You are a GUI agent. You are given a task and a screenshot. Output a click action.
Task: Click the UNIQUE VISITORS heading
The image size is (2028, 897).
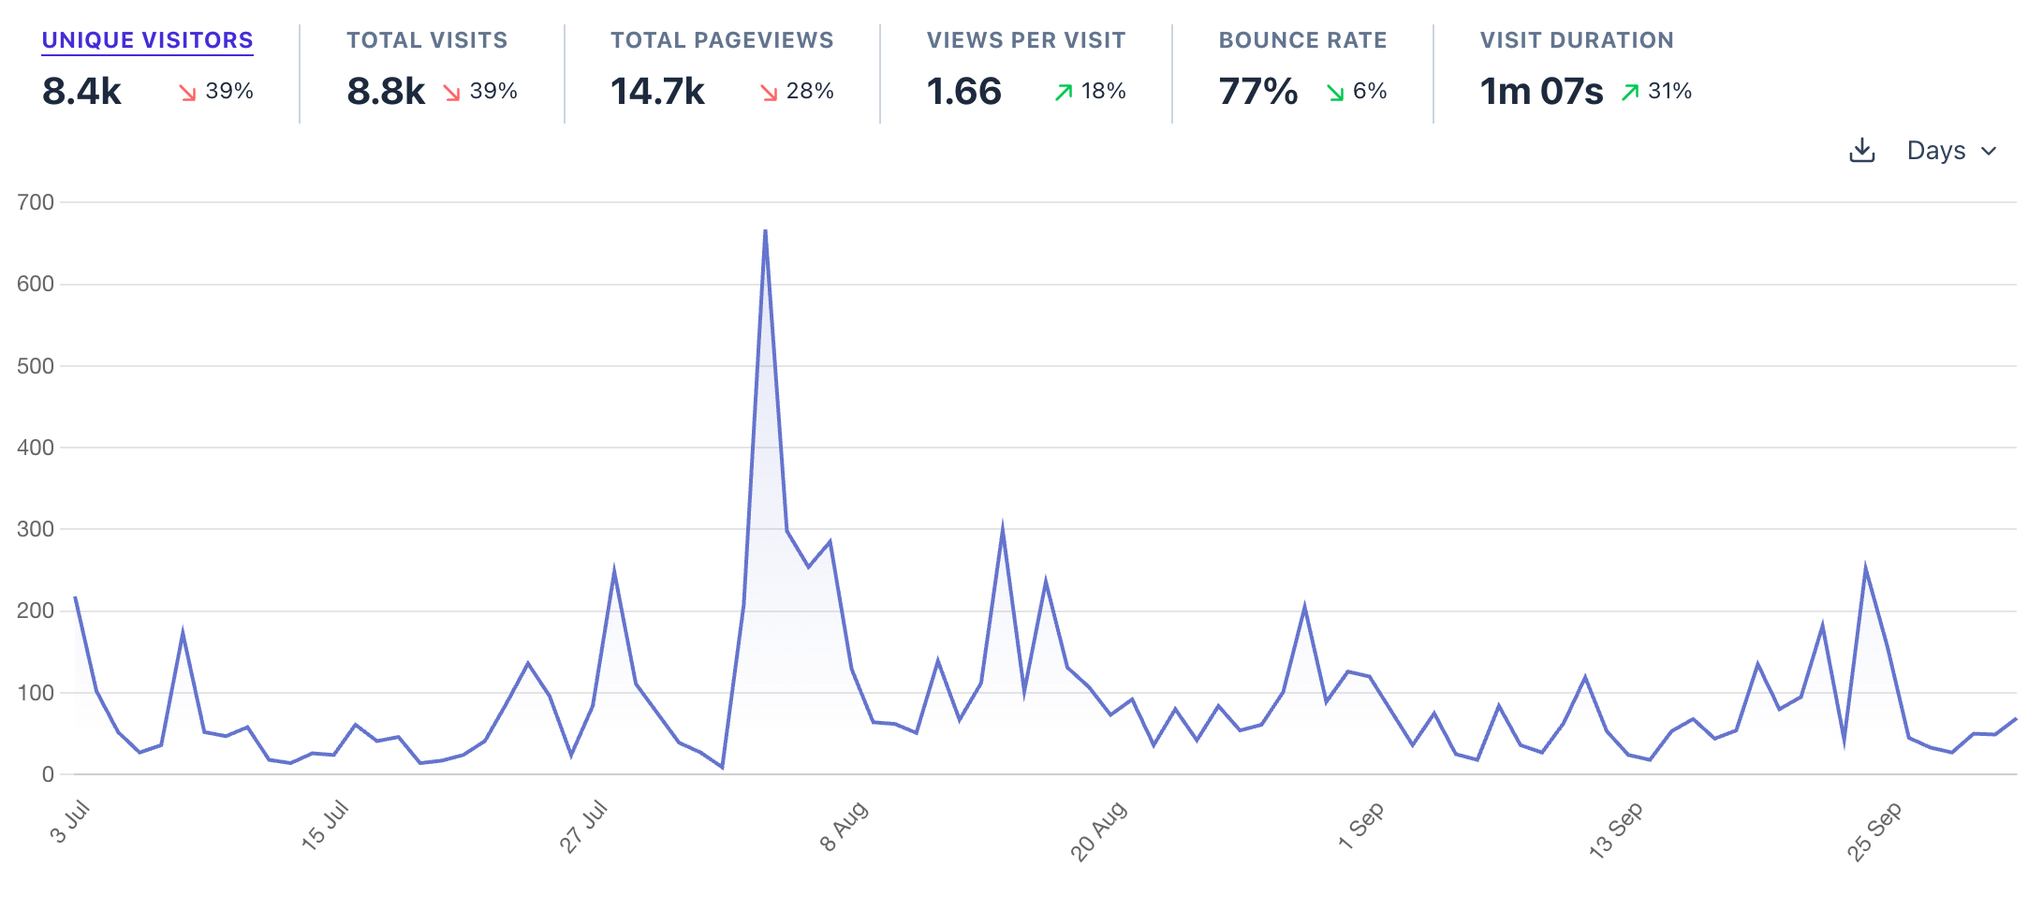147,40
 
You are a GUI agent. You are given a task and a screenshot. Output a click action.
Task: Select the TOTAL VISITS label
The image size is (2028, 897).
427,40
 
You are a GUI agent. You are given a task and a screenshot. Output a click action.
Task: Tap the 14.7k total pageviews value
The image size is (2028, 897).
657,92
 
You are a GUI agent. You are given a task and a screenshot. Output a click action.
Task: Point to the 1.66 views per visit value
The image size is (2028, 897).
963,92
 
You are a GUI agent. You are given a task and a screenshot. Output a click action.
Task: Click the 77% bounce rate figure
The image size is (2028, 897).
1257,92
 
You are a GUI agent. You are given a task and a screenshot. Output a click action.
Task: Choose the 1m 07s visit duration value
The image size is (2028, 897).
1541,92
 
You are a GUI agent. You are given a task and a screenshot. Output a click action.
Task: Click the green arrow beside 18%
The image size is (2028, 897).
1064,92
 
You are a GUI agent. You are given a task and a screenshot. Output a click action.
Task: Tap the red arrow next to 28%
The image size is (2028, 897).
769,92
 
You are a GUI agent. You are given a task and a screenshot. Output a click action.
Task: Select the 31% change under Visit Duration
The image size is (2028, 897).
1669,91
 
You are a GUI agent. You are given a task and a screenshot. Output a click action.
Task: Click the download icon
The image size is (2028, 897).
1862,151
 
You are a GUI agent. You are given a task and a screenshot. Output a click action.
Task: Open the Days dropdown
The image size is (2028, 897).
1951,151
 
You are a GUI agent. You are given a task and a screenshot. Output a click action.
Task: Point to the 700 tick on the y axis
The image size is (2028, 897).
36,202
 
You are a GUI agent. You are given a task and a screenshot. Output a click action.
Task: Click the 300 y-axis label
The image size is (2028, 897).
36,529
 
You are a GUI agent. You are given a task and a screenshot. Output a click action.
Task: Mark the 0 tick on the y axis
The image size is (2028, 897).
48,774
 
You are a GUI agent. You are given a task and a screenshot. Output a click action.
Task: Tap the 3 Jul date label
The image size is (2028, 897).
70,822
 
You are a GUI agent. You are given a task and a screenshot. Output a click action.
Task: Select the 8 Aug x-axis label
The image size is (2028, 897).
845,826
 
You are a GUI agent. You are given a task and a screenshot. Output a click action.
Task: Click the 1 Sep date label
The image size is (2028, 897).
1360,826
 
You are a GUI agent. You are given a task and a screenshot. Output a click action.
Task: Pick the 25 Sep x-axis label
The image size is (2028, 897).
1874,831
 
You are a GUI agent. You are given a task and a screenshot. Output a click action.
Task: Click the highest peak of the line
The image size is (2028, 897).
765,230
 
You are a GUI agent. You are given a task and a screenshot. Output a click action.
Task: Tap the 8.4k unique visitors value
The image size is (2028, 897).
81,92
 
